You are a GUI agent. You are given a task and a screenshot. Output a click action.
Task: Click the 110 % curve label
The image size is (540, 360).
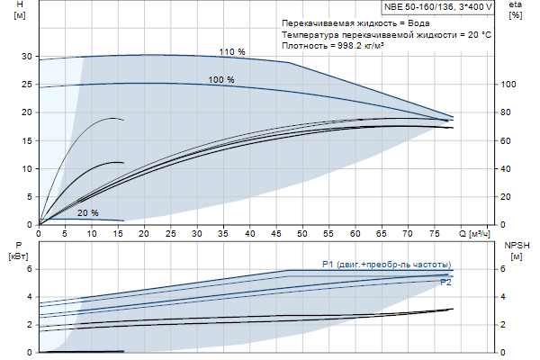pos(232,53)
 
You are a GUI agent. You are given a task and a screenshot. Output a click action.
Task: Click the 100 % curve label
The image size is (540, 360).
pos(221,80)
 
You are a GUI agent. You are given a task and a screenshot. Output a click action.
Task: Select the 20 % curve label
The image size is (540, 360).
pos(88,213)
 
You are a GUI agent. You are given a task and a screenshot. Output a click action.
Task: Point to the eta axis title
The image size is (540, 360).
pos(516,11)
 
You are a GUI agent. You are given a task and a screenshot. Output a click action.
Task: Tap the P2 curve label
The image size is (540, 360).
pos(445,283)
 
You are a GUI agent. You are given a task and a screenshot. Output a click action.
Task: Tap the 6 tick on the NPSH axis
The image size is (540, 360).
pos(502,269)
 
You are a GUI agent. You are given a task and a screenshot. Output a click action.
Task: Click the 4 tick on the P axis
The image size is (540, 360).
pos(29,297)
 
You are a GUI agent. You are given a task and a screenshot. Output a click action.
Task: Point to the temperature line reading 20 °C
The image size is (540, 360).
pos(386,33)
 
